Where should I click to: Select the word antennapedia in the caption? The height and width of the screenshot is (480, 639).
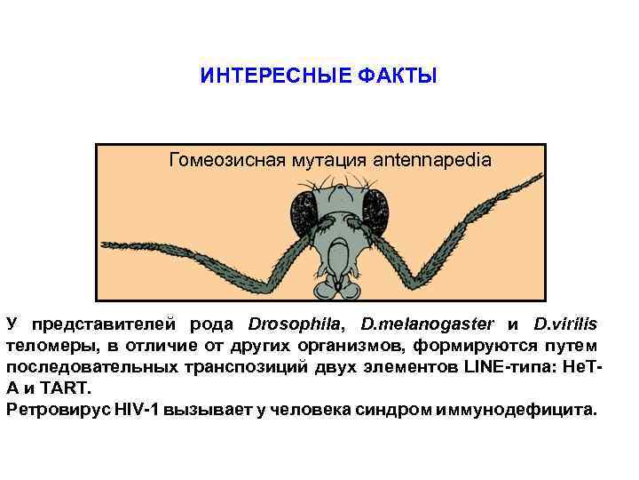pos(432,161)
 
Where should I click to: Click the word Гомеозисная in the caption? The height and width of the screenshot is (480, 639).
pos(223,161)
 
